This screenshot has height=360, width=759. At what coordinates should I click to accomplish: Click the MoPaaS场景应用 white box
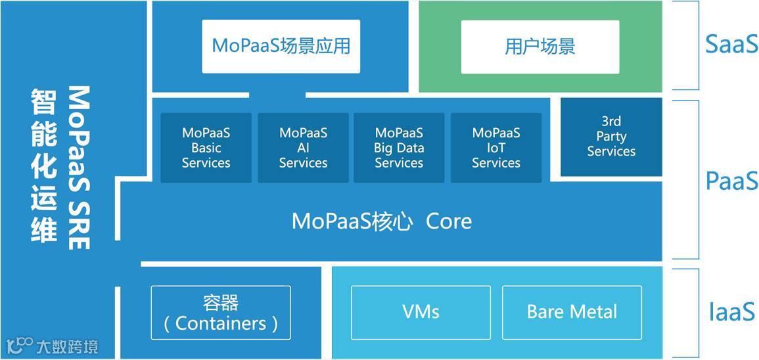pyautogui.click(x=281, y=46)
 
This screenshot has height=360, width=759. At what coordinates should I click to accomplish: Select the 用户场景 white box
pyautogui.click(x=540, y=46)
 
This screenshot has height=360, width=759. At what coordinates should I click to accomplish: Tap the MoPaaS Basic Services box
pyautogui.click(x=206, y=148)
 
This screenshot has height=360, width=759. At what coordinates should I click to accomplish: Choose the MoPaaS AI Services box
pyautogui.click(x=303, y=148)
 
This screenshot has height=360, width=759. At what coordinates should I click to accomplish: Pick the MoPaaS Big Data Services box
pyautogui.click(x=399, y=148)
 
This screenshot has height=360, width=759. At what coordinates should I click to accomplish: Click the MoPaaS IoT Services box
pyautogui.click(x=496, y=148)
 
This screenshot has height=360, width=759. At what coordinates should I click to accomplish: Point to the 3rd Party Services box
pyautogui.click(x=611, y=137)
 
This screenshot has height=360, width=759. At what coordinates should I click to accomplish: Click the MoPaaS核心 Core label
pyautogui.click(x=381, y=221)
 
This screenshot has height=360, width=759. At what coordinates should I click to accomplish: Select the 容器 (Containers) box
pyautogui.click(x=221, y=313)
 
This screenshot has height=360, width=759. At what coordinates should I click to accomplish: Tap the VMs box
pyautogui.click(x=421, y=311)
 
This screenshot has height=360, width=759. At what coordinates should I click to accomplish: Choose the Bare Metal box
pyautogui.click(x=572, y=311)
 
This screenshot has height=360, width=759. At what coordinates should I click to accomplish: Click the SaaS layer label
pyautogui.click(x=731, y=44)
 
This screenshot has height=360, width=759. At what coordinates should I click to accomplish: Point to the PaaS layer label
pyautogui.click(x=731, y=181)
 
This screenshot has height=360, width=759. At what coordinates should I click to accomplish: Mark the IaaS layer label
pyautogui.click(x=731, y=312)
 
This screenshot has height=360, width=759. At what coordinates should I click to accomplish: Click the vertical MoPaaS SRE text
pyautogui.click(x=79, y=168)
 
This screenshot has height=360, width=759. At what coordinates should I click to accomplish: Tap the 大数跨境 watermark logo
pyautogui.click(x=53, y=346)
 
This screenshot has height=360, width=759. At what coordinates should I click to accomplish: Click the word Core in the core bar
pyautogui.click(x=449, y=221)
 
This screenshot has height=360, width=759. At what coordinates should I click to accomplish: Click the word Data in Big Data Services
pyautogui.click(x=411, y=148)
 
